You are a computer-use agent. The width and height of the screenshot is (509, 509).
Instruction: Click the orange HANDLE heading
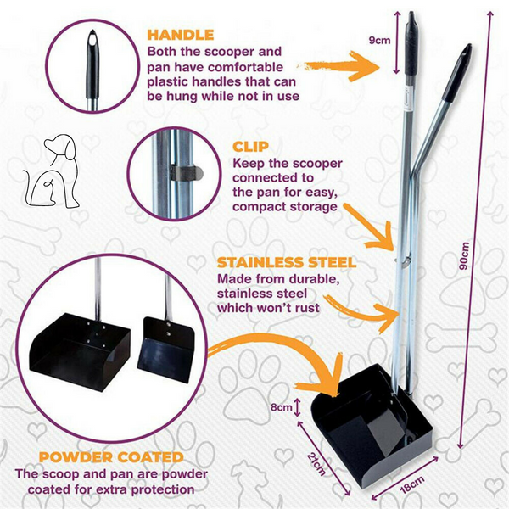[181, 35]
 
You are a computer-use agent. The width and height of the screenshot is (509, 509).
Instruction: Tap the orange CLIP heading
[250, 147]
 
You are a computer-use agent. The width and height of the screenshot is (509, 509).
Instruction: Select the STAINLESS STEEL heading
[287, 263]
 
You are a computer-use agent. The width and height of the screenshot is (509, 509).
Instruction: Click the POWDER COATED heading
[111, 457]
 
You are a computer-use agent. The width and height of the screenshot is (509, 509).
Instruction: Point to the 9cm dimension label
[379, 40]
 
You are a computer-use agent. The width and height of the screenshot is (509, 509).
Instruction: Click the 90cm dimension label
[465, 256]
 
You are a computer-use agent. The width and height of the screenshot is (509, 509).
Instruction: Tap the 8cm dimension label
[282, 407]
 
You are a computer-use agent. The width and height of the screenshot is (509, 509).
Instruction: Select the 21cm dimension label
[316, 464]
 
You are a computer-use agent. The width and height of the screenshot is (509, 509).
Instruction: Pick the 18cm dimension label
[412, 484]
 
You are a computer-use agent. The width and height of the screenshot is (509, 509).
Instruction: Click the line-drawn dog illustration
[52, 171]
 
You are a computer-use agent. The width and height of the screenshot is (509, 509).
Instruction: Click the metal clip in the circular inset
[187, 173]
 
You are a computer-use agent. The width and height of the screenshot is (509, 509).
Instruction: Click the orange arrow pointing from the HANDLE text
[339, 66]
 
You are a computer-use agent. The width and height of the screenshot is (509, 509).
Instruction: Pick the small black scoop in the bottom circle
[165, 350]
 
